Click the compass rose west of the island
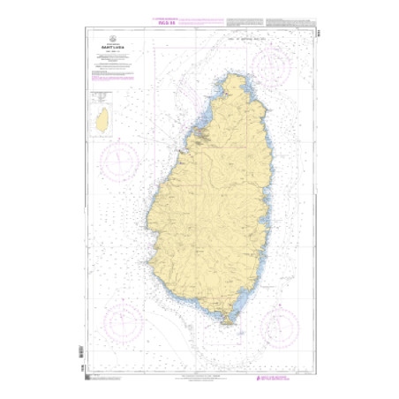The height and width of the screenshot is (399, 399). click(x=117, y=162)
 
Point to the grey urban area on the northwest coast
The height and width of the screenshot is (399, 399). click(x=200, y=137)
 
